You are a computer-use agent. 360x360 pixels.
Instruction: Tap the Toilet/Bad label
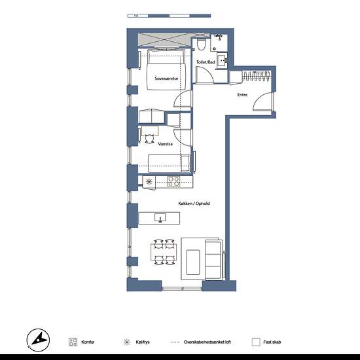coord(205,62)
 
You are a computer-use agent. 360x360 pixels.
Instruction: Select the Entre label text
coord(242,95)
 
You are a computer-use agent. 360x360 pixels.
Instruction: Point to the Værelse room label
coord(165,143)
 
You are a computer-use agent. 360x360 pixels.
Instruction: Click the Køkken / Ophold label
coord(194,204)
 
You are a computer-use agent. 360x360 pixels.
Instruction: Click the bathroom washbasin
coord(223,61)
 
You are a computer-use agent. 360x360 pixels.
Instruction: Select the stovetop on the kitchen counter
coord(173,181)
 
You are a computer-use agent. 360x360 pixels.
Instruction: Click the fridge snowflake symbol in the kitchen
coord(149,181)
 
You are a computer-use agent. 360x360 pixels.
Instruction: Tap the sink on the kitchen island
coord(159,217)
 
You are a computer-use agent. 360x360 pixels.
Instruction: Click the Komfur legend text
coord(89,342)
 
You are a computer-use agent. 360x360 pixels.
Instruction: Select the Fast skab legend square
coord(256,342)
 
